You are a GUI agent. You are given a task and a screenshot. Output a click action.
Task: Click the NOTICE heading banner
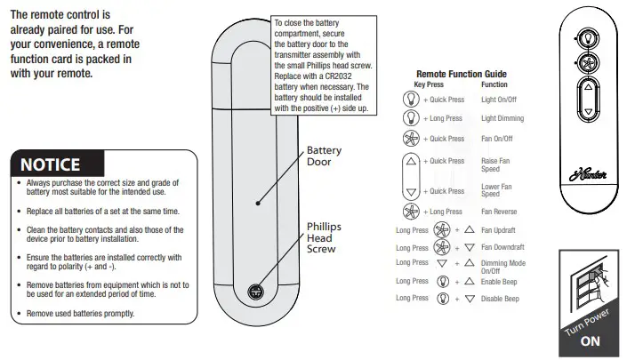(51, 164)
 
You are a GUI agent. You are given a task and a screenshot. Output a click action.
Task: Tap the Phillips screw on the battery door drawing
(256, 291)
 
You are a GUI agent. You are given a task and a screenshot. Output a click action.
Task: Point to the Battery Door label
(324, 156)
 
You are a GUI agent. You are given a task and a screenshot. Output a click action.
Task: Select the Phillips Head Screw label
(324, 237)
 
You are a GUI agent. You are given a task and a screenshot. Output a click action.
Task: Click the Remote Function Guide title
(461, 74)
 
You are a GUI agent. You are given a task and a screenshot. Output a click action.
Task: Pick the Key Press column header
(429, 84)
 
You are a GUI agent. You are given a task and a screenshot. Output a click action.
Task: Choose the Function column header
(494, 84)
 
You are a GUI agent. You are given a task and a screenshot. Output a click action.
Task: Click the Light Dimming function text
(502, 118)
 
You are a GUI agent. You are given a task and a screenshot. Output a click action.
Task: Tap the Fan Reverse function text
(500, 212)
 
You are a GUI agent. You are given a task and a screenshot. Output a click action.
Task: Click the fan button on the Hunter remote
(586, 65)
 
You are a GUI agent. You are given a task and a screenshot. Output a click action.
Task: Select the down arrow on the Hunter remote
(586, 114)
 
